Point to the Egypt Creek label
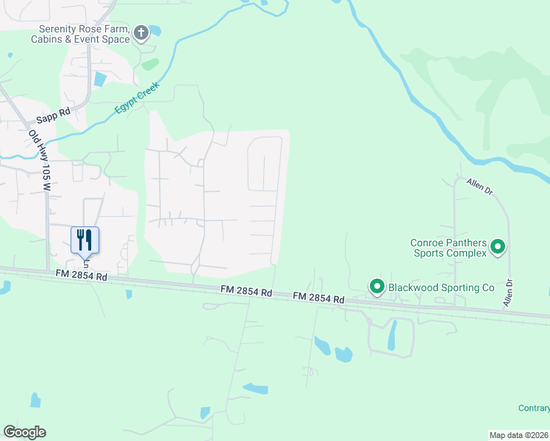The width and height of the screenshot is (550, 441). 137,98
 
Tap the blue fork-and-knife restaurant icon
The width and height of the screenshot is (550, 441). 85,240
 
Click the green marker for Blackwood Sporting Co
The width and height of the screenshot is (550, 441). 376,286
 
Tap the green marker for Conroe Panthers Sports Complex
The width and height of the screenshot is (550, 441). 497,247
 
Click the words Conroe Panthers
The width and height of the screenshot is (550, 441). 448,242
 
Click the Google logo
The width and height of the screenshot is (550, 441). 24,432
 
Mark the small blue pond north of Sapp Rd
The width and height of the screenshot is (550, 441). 100,79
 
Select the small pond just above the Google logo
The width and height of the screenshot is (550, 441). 35,400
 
